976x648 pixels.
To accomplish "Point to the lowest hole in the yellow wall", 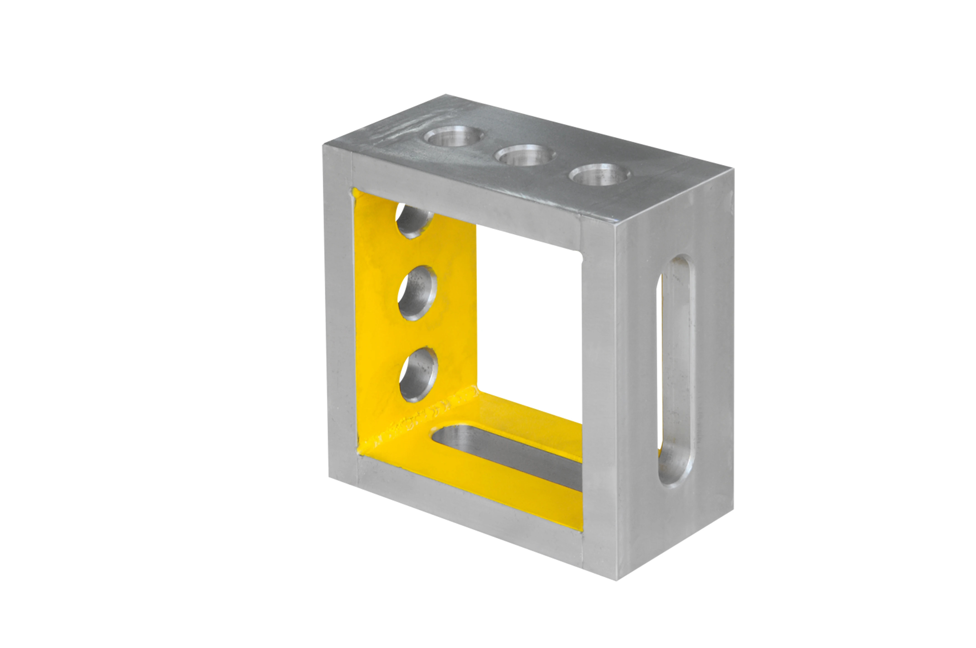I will [419, 374].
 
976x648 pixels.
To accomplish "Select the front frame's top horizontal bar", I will [467, 198].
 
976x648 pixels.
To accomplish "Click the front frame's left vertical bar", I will [340, 314].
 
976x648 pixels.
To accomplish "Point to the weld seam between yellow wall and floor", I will [418, 422].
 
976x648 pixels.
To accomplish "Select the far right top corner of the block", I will [733, 169].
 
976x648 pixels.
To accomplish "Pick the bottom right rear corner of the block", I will [733, 509].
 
